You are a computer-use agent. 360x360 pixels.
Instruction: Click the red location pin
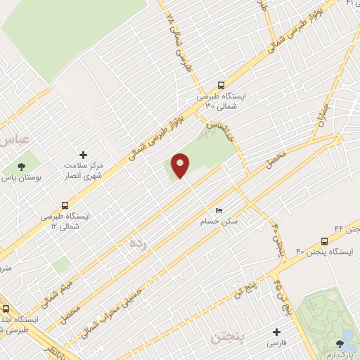[x=181, y=165]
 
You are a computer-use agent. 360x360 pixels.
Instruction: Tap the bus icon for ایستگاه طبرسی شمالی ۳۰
[x=221, y=83]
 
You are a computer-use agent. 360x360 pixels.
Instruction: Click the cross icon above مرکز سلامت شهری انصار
[x=83, y=154]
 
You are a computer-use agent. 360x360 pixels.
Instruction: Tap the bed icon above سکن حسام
[x=219, y=210]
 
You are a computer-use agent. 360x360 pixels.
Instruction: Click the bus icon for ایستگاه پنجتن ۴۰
[x=324, y=240]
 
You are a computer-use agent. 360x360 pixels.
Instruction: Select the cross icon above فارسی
[x=276, y=332]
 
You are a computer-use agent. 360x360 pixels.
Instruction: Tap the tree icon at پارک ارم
[x=341, y=344]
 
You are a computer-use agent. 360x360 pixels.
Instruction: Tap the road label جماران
[x=321, y=120]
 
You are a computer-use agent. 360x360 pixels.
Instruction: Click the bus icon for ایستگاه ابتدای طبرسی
[x=6, y=308]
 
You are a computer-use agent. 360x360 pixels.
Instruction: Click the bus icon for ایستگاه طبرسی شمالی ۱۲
[x=65, y=207]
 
